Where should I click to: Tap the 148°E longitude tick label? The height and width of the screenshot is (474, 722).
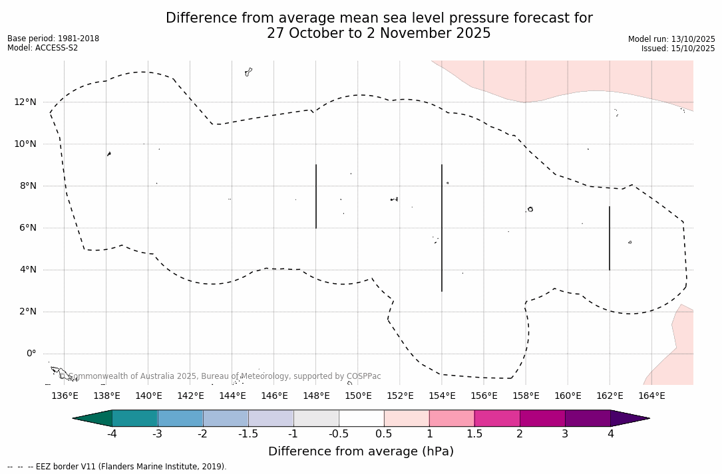316,396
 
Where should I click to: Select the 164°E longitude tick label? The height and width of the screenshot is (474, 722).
651,396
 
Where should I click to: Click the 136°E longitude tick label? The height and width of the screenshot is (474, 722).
65,396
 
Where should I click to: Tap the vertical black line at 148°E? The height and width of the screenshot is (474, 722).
316,196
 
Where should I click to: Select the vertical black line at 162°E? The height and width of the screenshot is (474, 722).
610,238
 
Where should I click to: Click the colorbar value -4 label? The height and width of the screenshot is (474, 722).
112,434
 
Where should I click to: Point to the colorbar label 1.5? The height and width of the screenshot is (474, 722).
474,434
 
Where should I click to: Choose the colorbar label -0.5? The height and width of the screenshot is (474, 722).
339,434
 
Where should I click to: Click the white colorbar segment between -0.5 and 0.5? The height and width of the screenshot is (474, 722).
361,418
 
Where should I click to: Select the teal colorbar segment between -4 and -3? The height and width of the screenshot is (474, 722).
135,418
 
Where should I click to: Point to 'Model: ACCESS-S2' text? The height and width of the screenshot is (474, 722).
43,48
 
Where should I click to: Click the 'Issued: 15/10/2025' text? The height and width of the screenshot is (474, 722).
678,49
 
